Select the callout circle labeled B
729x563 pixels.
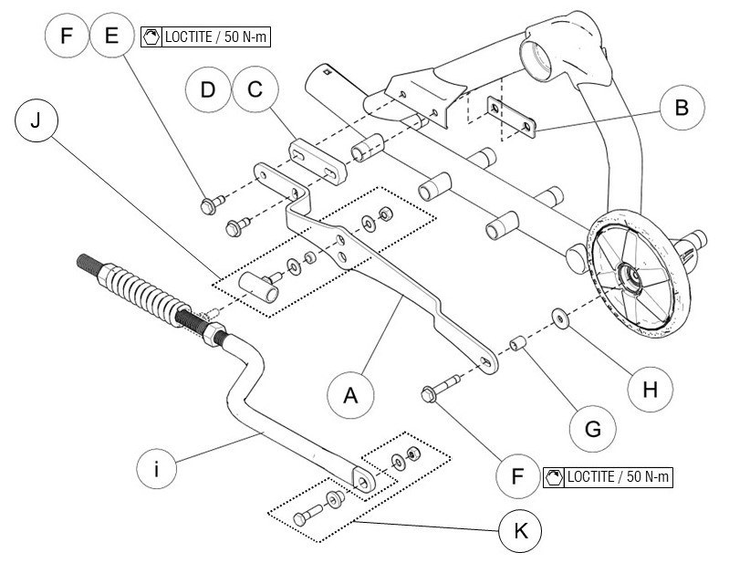pos(681,109)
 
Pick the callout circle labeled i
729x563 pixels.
pos(158,471)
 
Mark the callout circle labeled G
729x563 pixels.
pos(593,425)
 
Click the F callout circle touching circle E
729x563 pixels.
pos(67,37)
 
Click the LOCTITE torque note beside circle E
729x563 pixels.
pos(208,38)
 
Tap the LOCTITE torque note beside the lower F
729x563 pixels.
pos(607,477)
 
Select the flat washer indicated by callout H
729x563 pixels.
pos(556,318)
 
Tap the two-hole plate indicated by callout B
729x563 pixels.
pos(508,117)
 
